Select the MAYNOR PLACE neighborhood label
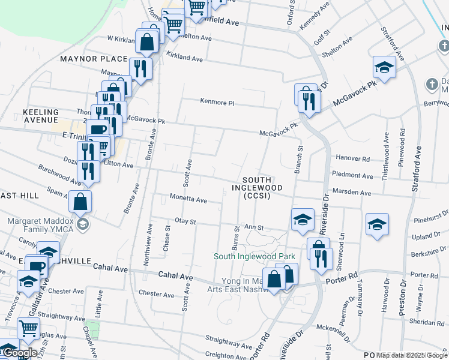click(x=94, y=59)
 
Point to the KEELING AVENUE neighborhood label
click(x=41, y=116)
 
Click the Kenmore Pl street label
click(x=216, y=103)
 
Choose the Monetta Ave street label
click(x=188, y=200)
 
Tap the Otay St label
click(x=185, y=221)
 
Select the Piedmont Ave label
click(x=352, y=175)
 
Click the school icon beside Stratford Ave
click(x=384, y=67)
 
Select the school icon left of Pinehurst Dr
click(x=376, y=224)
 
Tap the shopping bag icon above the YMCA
click(x=80, y=202)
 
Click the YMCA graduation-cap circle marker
click(x=83, y=224)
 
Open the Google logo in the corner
click(x=20, y=353)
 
